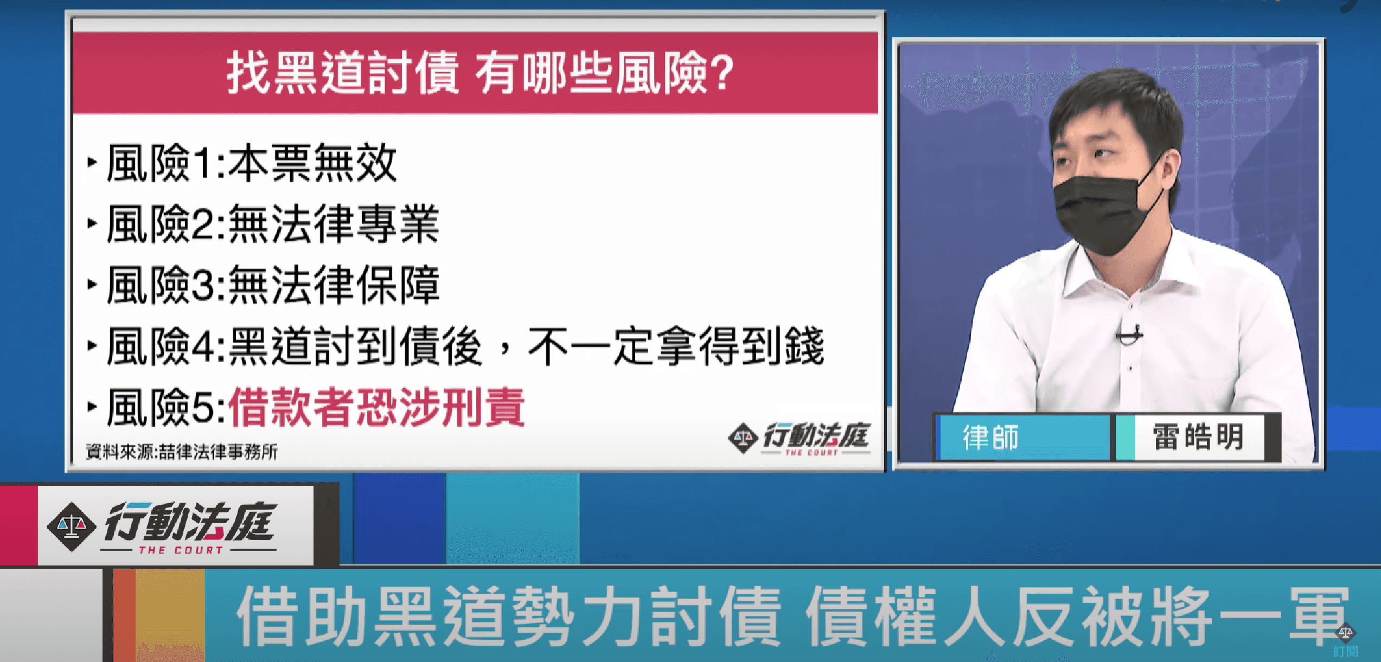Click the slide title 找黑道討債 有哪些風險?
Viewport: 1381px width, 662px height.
tap(480, 73)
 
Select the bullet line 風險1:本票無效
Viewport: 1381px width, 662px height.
tap(251, 163)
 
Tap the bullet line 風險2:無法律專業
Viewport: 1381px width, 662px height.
tap(272, 224)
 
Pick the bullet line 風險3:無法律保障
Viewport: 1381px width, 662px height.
tap(272, 285)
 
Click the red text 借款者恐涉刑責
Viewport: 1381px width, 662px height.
tap(376, 408)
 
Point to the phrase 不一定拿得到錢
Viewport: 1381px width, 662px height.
tap(675, 347)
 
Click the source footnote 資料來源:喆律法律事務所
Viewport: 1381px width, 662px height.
tap(182, 452)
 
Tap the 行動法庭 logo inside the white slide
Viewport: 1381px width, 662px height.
tap(800, 438)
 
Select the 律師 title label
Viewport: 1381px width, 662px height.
tap(990, 438)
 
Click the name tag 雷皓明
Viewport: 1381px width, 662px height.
tap(1198, 437)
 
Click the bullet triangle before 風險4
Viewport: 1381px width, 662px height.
tap(92, 345)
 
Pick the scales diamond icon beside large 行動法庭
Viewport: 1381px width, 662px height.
tap(72, 526)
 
